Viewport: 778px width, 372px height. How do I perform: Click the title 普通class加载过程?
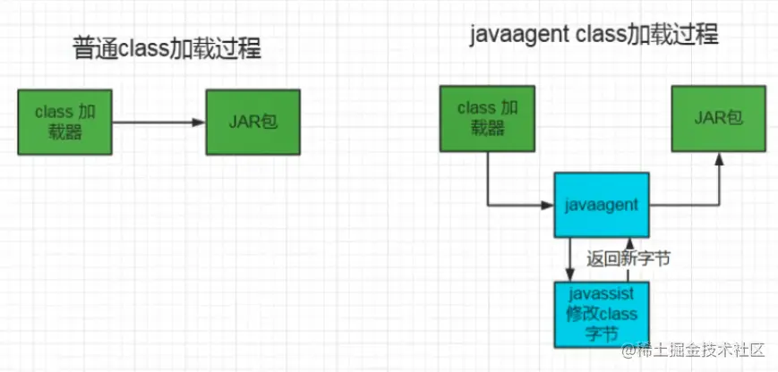click(167, 48)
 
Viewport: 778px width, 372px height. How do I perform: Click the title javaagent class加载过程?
click(594, 35)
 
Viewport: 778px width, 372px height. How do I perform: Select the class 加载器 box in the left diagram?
click(64, 122)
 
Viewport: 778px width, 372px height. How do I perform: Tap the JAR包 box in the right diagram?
click(719, 117)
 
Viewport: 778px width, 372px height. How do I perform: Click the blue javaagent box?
click(602, 206)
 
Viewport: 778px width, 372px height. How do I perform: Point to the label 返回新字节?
click(628, 259)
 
